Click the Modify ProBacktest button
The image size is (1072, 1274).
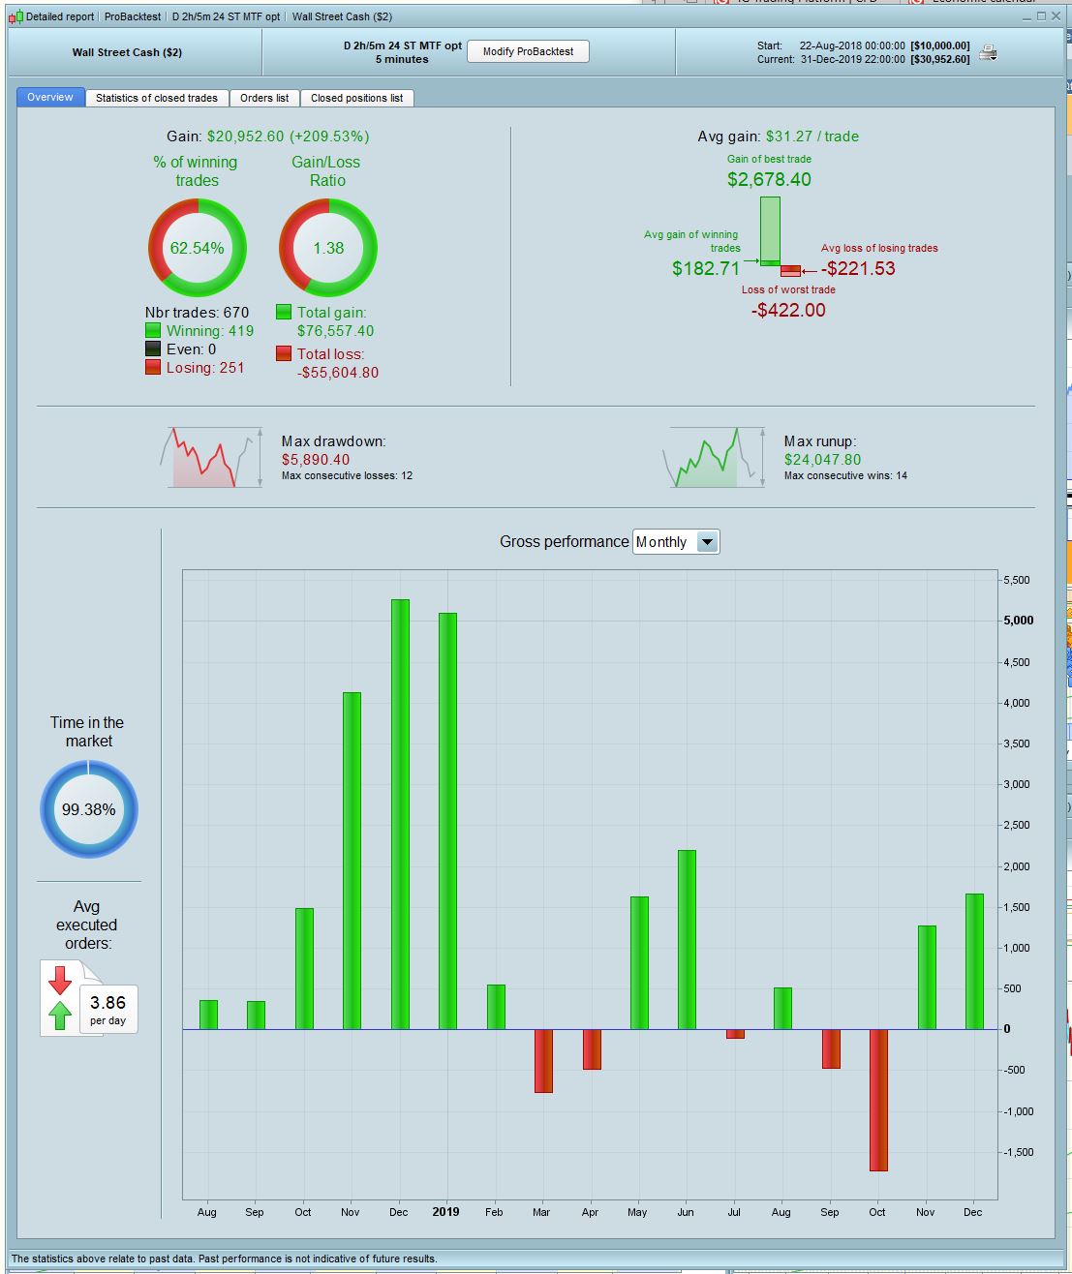click(x=528, y=51)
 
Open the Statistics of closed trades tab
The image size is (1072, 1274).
click(x=157, y=98)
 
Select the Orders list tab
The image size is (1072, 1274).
click(x=264, y=98)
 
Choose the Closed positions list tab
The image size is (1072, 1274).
click(x=356, y=98)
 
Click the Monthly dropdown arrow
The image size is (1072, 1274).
click(x=708, y=542)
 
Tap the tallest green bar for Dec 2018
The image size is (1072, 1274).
click(x=400, y=813)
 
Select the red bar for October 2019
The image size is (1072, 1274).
click(x=878, y=1100)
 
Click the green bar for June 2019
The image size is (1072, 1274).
click(x=687, y=939)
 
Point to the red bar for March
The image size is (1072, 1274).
click(x=543, y=1061)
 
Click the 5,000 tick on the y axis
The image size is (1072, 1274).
click(x=1018, y=621)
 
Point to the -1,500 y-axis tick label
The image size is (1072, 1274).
click(x=1017, y=1152)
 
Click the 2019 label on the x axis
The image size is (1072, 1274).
click(x=445, y=1212)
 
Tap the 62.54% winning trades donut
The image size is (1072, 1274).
click(x=198, y=248)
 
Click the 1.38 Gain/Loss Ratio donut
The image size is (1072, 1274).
click(x=328, y=248)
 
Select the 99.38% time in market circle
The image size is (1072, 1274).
click(x=89, y=809)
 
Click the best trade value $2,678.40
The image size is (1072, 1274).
click(x=769, y=179)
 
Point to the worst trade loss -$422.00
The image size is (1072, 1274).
click(x=788, y=310)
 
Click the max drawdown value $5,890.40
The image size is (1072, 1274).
click(x=316, y=460)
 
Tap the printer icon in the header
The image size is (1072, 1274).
click(x=988, y=53)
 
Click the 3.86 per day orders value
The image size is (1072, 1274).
click(x=108, y=1003)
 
